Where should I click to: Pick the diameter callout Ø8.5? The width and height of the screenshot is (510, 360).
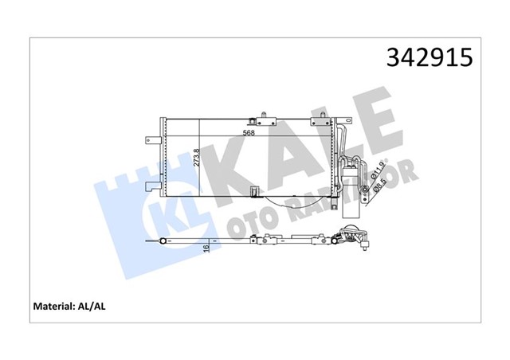[x=377, y=188]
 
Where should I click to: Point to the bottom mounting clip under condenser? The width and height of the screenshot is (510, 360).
[x=254, y=190]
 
